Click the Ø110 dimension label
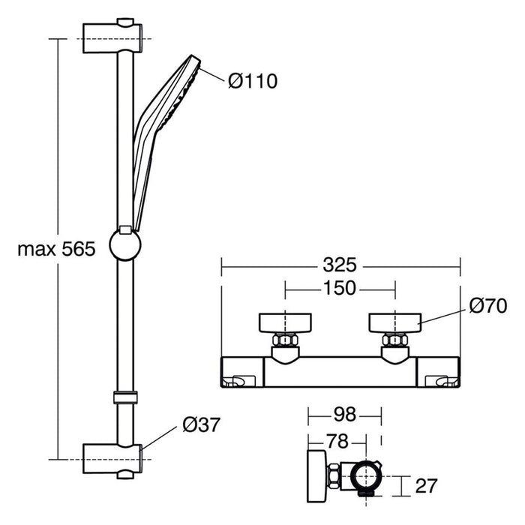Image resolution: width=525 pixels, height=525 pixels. coord(252,80)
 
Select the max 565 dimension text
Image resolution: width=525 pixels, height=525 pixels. coord(56,249)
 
